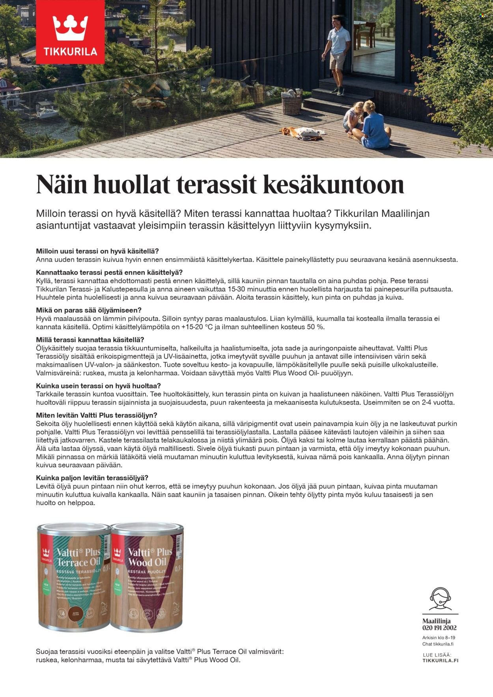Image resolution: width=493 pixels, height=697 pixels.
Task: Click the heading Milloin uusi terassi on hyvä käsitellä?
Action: (x=97, y=251)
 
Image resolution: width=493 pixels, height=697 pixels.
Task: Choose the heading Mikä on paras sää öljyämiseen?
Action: (x=89, y=310)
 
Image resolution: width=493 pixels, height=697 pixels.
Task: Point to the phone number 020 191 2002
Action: (x=439, y=628)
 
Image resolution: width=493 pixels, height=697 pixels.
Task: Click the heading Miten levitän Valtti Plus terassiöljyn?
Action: (x=97, y=415)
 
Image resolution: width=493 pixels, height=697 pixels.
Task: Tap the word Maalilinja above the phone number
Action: (x=436, y=621)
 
